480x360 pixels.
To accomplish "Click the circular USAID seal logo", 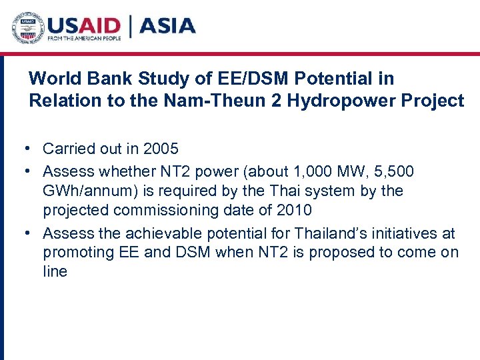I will (x=27, y=28).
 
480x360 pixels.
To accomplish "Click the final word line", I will (x=55, y=271).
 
